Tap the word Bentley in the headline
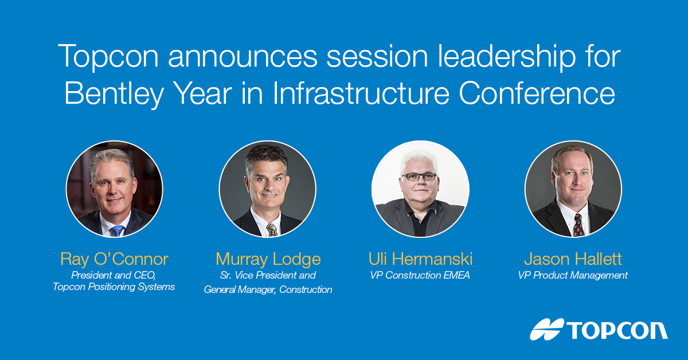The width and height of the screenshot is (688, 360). [114, 94]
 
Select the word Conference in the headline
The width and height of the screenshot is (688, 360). [537, 93]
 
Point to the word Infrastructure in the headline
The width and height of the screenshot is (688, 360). [361, 93]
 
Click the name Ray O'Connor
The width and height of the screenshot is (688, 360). [114, 259]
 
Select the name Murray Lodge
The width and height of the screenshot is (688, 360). [268, 259]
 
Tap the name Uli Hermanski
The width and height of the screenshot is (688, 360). [420, 259]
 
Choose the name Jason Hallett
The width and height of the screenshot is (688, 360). [573, 259]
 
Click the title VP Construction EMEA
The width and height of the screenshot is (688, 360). [420, 275]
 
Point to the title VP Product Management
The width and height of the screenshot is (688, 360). [573, 276]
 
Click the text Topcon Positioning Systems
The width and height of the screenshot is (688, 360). [114, 287]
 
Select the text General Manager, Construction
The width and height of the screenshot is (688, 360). [268, 289]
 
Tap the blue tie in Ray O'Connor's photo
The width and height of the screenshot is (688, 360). [118, 230]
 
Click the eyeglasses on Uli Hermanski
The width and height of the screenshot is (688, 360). [420, 177]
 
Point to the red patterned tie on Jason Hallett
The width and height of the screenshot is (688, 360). [578, 226]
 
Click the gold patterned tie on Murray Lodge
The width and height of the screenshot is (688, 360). [272, 230]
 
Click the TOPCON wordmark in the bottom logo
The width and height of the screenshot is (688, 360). [617, 331]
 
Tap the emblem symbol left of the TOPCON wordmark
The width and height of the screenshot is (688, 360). [547, 329]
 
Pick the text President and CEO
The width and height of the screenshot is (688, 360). [114, 275]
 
